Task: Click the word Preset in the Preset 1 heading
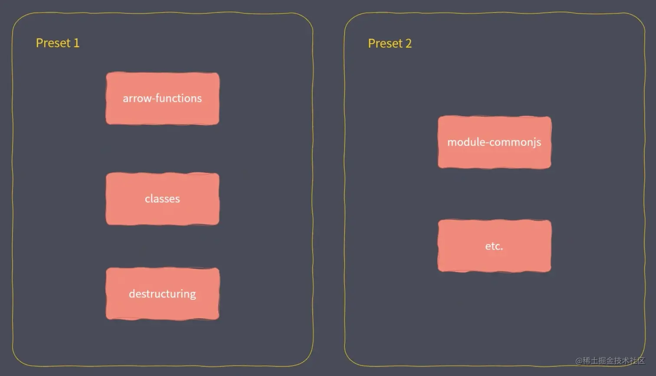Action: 53,43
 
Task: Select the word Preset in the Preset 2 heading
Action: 385,43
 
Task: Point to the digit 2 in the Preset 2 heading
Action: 408,43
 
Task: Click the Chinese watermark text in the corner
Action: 613,360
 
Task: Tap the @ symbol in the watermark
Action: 579,360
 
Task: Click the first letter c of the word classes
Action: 147,199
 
